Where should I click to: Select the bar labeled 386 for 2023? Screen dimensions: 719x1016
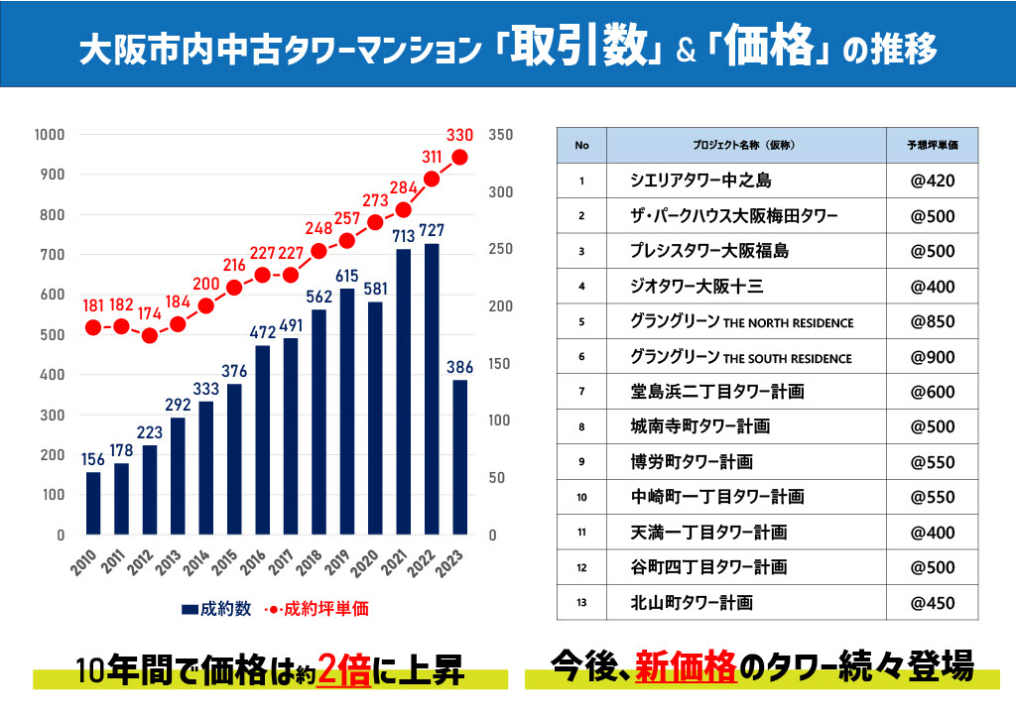(459, 457)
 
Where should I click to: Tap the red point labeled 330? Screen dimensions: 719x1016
(460, 157)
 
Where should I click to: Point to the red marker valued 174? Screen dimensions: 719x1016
(150, 335)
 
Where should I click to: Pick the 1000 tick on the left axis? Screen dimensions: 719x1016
(49, 135)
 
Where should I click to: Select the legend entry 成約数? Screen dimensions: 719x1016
(219, 608)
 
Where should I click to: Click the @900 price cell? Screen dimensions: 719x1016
(932, 357)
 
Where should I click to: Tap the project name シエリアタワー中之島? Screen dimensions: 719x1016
(700, 180)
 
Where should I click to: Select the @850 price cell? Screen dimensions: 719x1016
(932, 322)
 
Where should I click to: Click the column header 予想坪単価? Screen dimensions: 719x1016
(932, 145)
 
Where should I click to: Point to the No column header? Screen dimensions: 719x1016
(581, 145)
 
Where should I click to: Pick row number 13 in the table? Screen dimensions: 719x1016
(581, 603)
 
